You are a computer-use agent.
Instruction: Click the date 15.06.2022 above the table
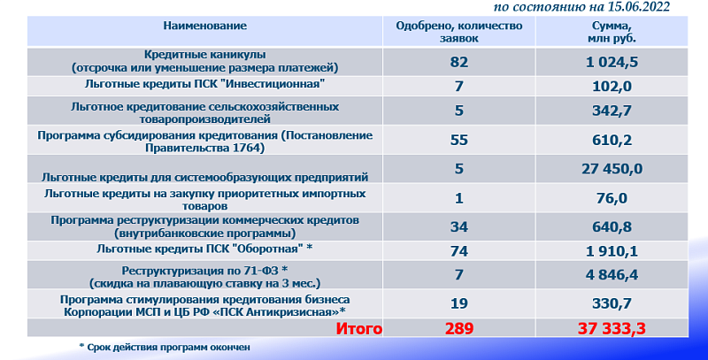(638, 7)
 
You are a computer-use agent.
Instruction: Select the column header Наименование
(205, 26)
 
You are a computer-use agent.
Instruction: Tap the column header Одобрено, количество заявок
(459, 32)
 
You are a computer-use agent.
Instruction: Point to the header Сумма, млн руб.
(612, 32)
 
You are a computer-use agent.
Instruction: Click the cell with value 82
(459, 61)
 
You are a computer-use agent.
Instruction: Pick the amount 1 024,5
(612, 61)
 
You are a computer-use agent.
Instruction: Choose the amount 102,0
(612, 86)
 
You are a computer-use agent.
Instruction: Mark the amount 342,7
(612, 111)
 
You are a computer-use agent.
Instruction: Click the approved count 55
(459, 140)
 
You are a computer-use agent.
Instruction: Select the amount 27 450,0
(612, 169)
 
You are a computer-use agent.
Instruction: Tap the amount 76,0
(612, 198)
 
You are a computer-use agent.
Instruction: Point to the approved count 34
(459, 226)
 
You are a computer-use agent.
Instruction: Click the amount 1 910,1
(612, 251)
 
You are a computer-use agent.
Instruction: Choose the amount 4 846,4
(612, 275)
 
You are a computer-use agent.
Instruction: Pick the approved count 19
(459, 303)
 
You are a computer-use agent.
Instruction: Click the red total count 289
(459, 328)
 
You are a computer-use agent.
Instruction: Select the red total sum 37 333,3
(612, 328)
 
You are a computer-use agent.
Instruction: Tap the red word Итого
(359, 328)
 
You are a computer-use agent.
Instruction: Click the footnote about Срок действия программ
(165, 348)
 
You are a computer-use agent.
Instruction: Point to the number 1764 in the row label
(248, 148)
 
